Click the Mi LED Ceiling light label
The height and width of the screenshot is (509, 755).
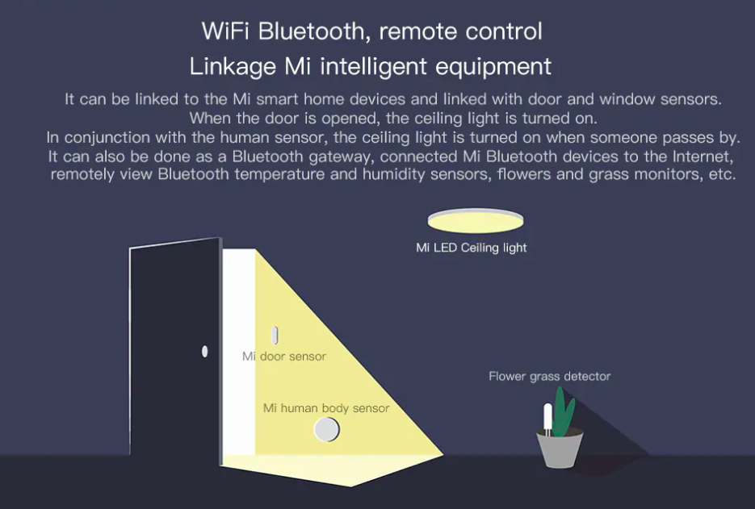471,248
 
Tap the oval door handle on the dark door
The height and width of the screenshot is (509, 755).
204,351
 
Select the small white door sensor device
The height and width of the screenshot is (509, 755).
274,335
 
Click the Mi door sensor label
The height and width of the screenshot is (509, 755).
284,356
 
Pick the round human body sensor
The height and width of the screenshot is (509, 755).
326,430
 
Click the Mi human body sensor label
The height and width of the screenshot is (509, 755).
326,408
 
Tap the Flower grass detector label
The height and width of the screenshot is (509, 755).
549,376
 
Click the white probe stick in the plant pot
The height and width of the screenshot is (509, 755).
547,414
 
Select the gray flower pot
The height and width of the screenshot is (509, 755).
560,450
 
